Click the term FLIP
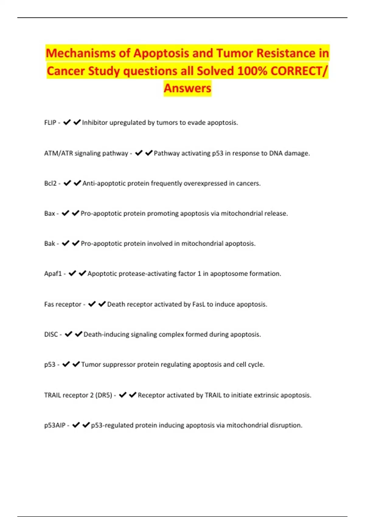50,123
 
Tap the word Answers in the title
187,88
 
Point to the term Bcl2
50,183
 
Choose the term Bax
50,213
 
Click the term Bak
50,244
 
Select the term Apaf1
53,274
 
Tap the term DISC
51,335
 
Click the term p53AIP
55,425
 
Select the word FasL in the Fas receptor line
199,304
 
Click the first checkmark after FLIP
67,122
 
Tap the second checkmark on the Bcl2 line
77,183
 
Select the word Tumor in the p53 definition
91,365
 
